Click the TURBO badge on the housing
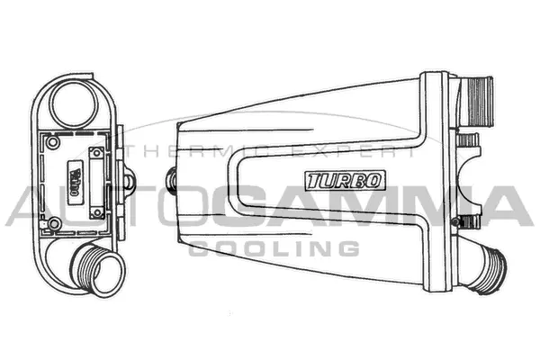click(346, 179)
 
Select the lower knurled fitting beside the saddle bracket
click(462, 220)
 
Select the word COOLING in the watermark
click(274, 247)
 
